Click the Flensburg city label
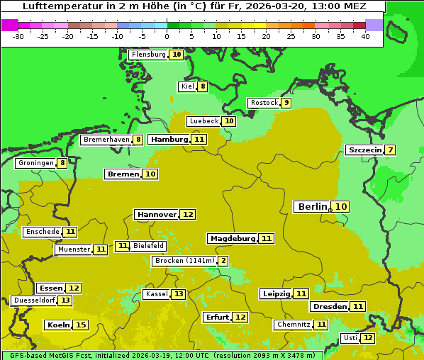click(148, 55)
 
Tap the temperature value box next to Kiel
click(203, 86)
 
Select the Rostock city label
click(264, 103)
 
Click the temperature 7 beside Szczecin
click(391, 150)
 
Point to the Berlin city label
click(313, 206)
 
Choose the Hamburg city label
click(169, 140)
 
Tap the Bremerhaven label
click(106, 140)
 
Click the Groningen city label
click(35, 163)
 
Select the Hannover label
click(157, 214)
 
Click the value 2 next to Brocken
click(223, 261)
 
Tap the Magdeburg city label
click(232, 238)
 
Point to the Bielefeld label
click(148, 246)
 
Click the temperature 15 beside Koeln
click(81, 325)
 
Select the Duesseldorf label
click(34, 300)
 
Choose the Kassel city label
click(156, 294)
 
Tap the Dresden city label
click(329, 307)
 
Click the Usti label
click(350, 338)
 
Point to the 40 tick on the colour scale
click(365, 36)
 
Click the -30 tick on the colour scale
click(18, 36)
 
